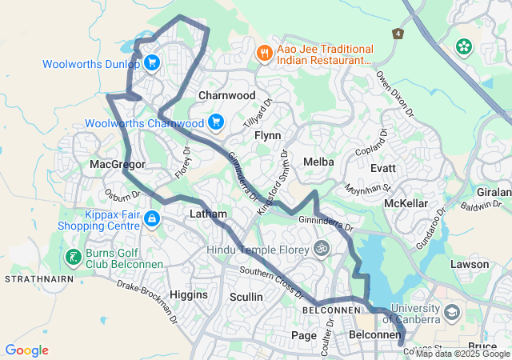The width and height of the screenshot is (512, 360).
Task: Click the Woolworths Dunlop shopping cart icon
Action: coord(150,62)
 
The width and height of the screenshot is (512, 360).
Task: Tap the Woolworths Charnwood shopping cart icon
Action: coord(215,122)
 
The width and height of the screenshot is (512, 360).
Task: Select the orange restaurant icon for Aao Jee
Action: coord(264,53)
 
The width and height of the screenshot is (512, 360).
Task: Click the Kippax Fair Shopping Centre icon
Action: coord(151,218)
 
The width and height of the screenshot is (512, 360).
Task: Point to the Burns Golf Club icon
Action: coord(73,257)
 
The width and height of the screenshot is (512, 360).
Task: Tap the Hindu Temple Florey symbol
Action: coord(322,249)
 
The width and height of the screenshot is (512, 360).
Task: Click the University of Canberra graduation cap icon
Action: coord(451,311)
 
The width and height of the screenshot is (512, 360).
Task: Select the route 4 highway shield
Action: coord(398,34)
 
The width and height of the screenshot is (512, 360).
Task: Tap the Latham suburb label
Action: coord(208,214)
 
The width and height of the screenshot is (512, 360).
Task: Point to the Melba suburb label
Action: coord(318,162)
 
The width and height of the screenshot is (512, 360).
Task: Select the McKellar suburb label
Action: coord(406,203)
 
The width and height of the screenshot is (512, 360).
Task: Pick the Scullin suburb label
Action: coord(246,297)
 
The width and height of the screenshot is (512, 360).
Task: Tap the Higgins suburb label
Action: coord(189,294)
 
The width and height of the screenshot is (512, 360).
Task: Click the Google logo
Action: coord(26,350)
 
